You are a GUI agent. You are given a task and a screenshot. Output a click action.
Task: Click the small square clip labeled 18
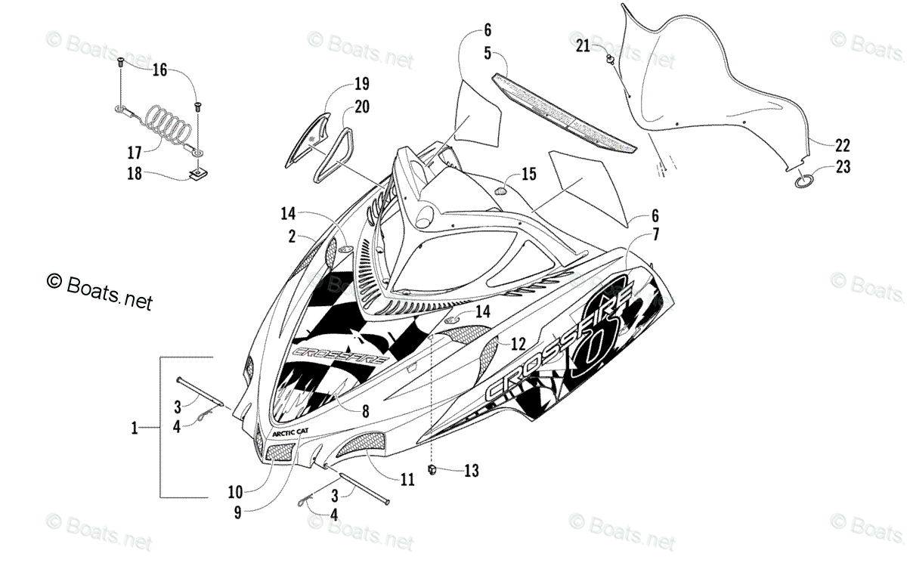click(x=200, y=177)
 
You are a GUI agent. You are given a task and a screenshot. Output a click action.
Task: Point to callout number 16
click(x=159, y=71)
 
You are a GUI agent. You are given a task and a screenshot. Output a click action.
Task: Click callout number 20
click(x=361, y=107)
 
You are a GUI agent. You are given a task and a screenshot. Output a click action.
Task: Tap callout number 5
click(x=488, y=53)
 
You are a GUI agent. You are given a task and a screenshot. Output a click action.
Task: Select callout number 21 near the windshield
click(x=583, y=46)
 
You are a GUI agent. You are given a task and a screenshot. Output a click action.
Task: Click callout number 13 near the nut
click(x=471, y=472)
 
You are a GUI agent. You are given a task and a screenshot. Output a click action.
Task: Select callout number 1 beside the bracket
click(x=135, y=428)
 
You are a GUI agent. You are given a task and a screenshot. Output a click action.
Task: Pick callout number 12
click(x=518, y=344)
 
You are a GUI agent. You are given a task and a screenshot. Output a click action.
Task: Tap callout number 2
click(x=292, y=237)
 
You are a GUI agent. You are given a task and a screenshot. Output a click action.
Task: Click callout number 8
click(x=365, y=412)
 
